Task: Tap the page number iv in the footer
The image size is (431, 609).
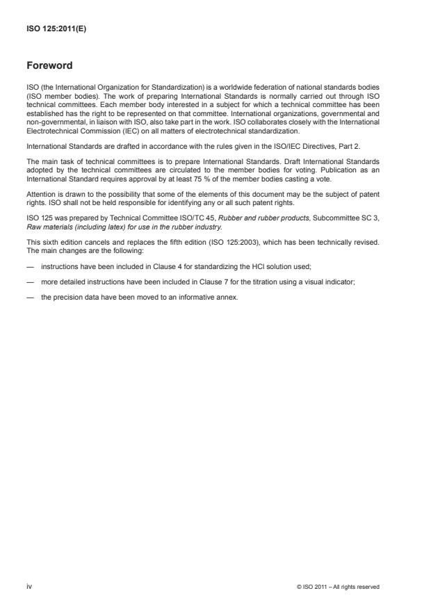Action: point(29,587)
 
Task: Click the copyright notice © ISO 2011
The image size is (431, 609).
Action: point(337,587)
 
